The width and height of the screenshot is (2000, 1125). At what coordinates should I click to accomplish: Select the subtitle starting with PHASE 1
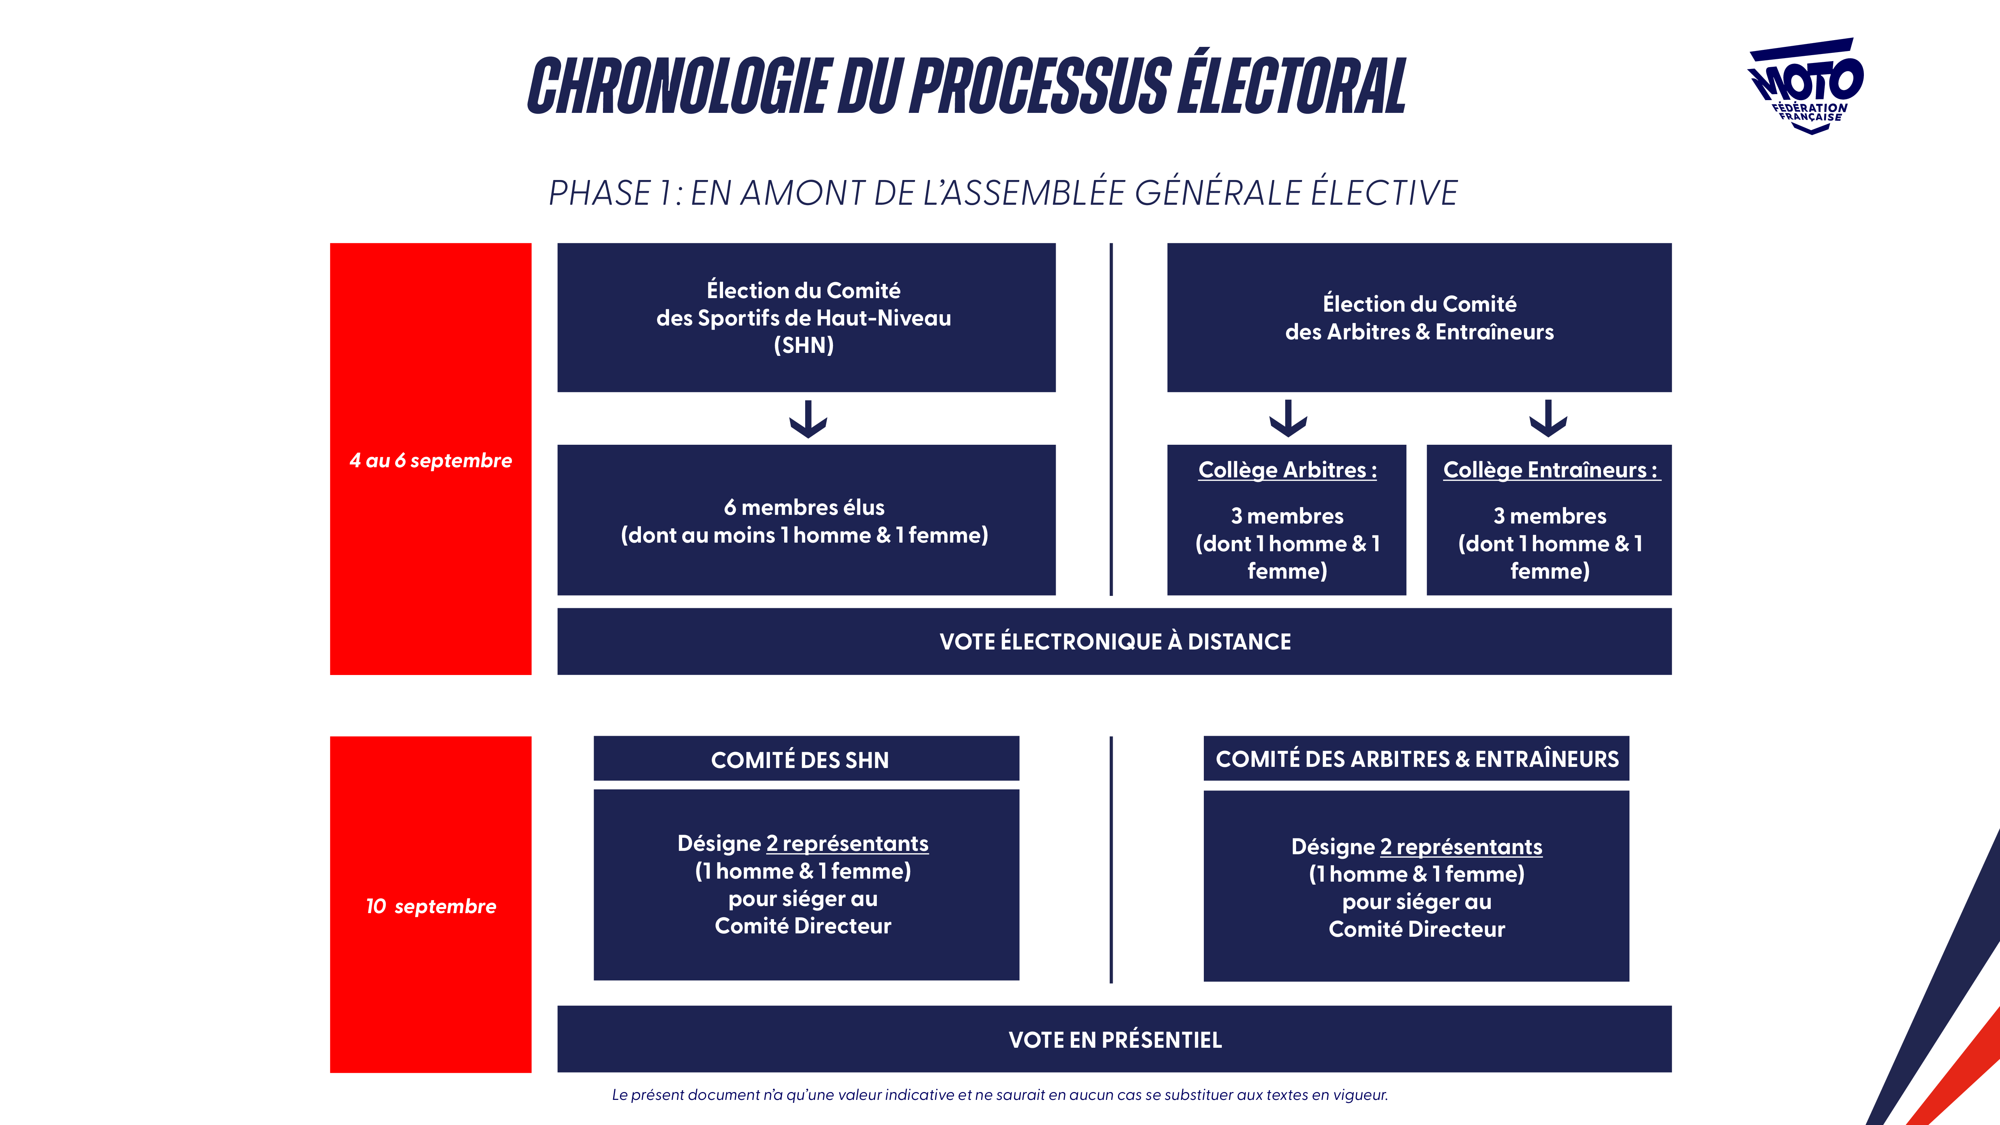coord(1003,192)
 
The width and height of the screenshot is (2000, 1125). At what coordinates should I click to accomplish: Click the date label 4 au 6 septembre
coord(431,460)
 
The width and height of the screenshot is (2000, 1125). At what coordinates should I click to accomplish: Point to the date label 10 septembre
coord(431,906)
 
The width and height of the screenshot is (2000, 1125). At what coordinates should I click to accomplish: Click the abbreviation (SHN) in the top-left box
coord(804,345)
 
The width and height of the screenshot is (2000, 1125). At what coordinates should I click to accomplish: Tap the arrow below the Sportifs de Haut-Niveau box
coord(808,419)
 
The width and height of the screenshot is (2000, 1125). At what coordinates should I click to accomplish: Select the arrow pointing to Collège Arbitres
coord(1288,418)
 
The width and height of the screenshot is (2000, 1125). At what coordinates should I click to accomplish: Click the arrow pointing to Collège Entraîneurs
coord(1548,418)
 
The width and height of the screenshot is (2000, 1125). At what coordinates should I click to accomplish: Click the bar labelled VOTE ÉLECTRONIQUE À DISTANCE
coord(1114,641)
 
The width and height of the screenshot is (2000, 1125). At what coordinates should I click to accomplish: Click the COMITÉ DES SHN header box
coord(806,759)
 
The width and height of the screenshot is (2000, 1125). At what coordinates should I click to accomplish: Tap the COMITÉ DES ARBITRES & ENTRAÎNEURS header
coord(1416,759)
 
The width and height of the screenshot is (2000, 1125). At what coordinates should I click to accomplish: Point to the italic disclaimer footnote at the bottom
coord(1000,1095)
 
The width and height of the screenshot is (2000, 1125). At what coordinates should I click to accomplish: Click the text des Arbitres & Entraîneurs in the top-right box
coord(1419,331)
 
